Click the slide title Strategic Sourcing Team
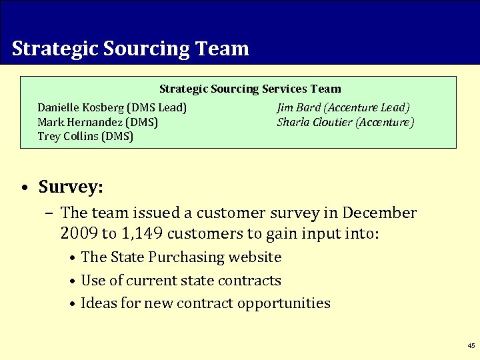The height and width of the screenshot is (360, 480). pos(130,49)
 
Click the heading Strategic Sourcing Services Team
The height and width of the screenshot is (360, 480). pos(250,89)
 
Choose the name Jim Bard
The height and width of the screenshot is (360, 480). pos(299,107)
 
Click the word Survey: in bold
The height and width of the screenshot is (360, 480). pos(71,187)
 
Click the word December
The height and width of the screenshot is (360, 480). pos(379,213)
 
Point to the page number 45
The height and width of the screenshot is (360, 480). pos(471,346)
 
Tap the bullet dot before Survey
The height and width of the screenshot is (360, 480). pos(23,188)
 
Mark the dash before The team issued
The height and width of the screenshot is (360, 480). pos(51,213)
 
